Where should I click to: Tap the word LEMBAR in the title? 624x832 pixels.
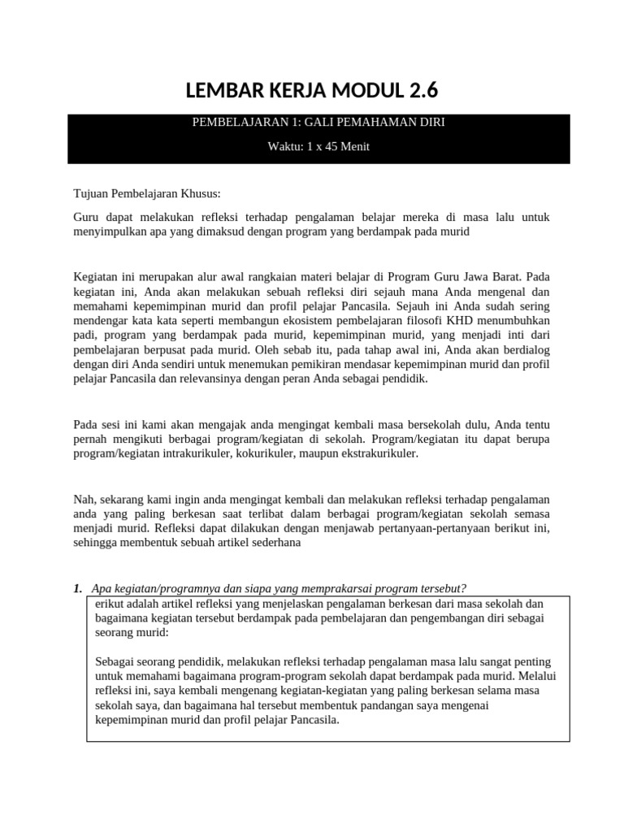227,89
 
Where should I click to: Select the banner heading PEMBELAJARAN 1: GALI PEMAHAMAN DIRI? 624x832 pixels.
318,123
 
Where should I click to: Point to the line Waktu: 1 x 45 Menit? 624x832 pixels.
318,146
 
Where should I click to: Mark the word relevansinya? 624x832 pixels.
197,379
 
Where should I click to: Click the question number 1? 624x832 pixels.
78,588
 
